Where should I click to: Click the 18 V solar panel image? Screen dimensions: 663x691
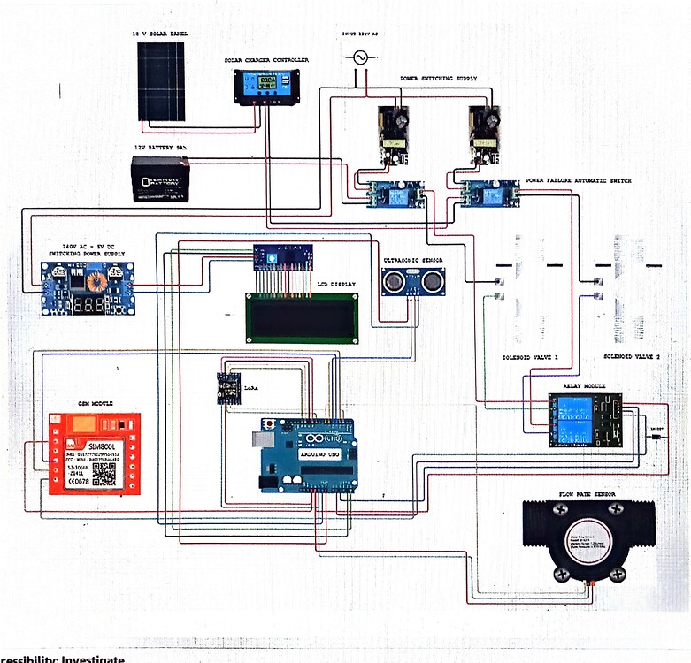click(161, 81)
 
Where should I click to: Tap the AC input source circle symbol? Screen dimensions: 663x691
click(360, 57)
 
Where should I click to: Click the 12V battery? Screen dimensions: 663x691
click(160, 179)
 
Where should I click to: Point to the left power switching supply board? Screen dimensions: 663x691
click(392, 135)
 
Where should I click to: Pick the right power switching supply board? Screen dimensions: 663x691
click(486, 135)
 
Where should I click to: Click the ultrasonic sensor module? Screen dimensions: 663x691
click(412, 281)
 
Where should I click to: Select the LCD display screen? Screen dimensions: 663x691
click(302, 317)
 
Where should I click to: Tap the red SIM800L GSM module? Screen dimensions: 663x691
click(94, 453)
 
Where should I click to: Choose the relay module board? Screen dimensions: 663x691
click(584, 420)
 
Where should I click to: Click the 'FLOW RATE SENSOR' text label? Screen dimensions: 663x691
click(587, 493)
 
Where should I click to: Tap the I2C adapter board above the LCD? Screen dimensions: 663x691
click(282, 256)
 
